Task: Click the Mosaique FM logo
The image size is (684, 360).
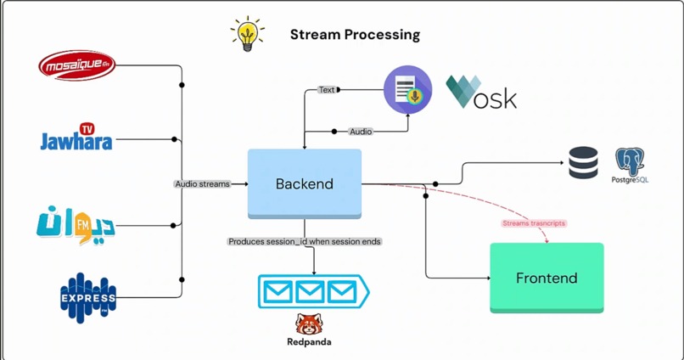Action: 76,65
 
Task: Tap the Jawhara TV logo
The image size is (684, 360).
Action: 76,138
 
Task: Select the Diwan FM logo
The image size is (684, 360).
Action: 76,223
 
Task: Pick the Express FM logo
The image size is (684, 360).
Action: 87,297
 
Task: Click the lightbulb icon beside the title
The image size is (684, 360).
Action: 247,34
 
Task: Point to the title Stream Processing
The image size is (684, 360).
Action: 355,35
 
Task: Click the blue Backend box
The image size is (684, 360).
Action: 305,183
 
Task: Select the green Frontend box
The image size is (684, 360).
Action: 547,278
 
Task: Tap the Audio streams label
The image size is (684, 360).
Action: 202,183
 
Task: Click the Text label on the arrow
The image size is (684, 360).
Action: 327,89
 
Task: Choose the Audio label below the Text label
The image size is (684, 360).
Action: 361,132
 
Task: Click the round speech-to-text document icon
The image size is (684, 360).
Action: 407,89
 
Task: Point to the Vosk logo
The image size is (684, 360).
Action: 481,93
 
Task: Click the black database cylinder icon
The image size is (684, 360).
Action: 583,163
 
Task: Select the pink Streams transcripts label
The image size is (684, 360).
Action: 533,223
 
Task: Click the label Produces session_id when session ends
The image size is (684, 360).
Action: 304,241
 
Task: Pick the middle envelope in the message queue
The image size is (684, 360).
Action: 310,292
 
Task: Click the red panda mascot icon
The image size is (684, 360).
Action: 309,324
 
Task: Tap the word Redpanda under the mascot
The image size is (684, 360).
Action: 309,342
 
